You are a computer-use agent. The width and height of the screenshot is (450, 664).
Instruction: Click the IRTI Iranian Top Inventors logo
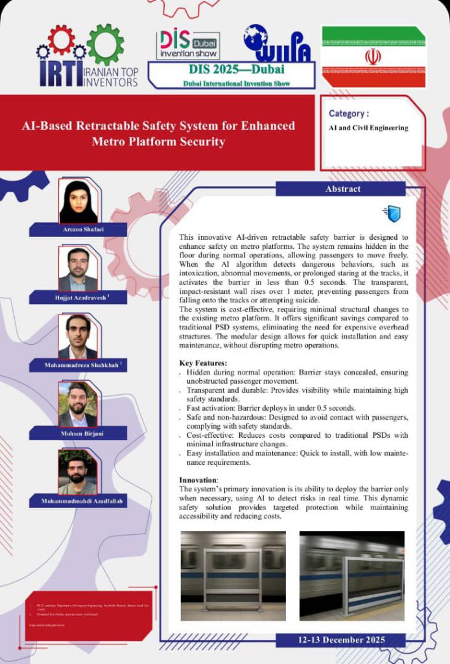click(88, 56)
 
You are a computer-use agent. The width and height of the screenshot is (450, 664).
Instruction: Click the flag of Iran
click(373, 56)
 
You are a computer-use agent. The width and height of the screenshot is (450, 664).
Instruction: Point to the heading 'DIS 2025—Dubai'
click(231, 69)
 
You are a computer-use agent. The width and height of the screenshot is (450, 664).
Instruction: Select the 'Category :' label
click(349, 113)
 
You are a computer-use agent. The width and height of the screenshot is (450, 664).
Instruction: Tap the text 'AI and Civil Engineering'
click(368, 128)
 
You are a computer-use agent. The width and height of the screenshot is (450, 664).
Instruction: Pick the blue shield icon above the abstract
click(392, 213)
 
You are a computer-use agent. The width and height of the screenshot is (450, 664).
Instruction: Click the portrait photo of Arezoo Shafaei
click(78, 201)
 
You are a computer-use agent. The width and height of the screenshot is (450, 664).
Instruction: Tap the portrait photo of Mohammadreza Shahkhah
click(78, 337)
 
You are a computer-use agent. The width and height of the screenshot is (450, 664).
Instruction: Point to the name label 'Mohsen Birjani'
click(78, 433)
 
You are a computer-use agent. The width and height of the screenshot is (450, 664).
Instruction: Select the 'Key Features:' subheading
click(203, 362)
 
